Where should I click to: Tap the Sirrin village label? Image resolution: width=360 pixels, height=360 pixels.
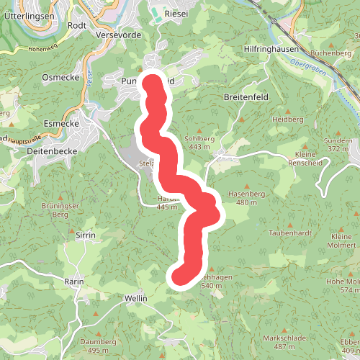click(86, 235)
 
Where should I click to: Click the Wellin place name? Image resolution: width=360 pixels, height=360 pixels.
click(135, 298)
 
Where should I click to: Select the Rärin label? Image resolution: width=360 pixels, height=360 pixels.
click(75, 281)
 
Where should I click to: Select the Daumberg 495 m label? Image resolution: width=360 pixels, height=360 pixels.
click(98, 345)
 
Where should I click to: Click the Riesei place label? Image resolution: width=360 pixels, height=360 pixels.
click(176, 14)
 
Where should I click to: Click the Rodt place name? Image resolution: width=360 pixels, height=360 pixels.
click(76, 24)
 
